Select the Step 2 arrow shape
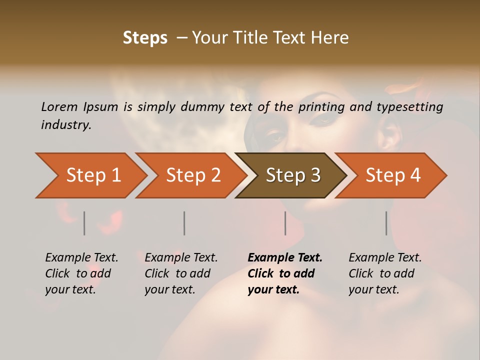[x=192, y=175]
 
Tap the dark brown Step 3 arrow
[x=292, y=175]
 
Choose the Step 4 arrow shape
[x=392, y=175]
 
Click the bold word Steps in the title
[x=145, y=38]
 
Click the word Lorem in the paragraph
[x=59, y=106]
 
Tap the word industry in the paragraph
[x=66, y=124]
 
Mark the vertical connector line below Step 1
[x=84, y=223]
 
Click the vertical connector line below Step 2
[x=184, y=223]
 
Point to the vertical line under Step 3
[x=285, y=223]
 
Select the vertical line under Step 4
[x=386, y=223]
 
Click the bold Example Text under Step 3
[x=285, y=258]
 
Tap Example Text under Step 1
[x=81, y=258]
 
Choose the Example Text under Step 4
[x=385, y=258]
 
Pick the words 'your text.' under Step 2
[x=169, y=289]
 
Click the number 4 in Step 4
[x=415, y=175]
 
